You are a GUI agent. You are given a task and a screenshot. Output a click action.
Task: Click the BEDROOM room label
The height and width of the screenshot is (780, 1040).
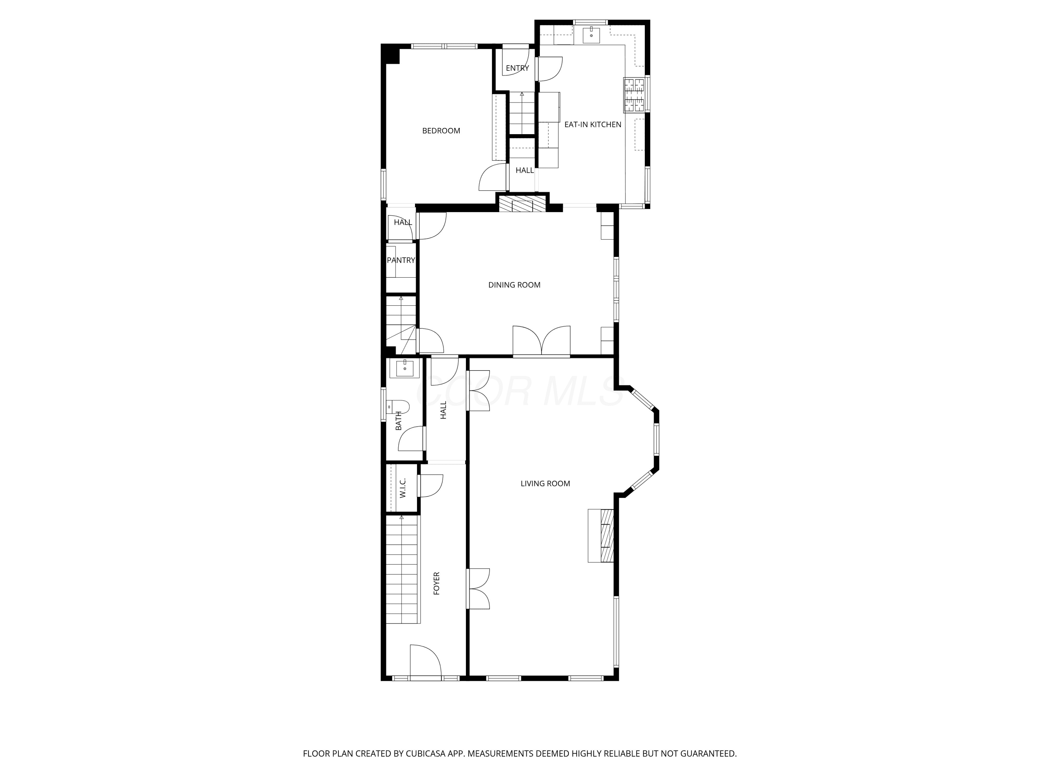click(x=441, y=131)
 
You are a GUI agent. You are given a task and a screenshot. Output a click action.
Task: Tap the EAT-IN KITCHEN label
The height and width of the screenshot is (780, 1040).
click(x=592, y=124)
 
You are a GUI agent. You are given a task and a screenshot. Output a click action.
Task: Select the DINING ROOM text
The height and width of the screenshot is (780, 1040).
click(x=514, y=285)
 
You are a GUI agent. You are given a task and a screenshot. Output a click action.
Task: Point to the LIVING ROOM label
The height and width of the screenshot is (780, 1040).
click(x=545, y=483)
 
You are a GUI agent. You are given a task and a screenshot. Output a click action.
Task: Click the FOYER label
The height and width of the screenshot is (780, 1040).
click(x=436, y=583)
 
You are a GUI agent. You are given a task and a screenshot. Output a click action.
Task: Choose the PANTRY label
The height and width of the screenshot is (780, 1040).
click(x=401, y=260)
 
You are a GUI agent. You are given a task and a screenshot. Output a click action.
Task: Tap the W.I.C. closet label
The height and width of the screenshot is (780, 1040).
click(x=402, y=488)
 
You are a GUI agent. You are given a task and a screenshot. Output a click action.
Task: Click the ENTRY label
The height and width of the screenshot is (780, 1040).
click(x=517, y=68)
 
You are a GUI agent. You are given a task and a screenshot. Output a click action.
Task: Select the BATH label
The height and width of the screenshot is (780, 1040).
click(x=399, y=421)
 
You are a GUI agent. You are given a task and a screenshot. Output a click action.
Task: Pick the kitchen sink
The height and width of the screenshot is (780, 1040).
click(x=591, y=34)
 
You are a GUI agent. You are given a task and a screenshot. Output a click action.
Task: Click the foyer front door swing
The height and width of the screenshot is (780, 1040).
click(x=425, y=661)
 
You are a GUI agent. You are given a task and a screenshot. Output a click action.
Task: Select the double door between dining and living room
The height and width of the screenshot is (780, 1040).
click(x=541, y=340)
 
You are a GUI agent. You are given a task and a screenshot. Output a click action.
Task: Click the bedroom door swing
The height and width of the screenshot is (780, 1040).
click(x=493, y=177)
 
